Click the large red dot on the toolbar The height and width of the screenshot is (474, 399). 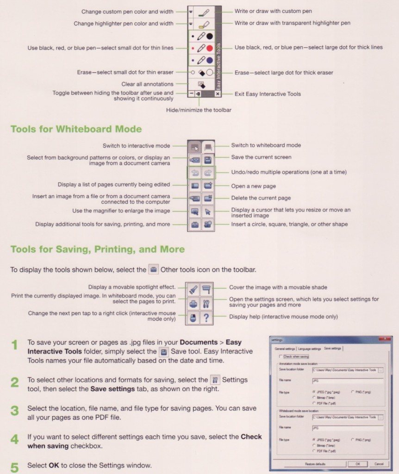[x=210, y=48]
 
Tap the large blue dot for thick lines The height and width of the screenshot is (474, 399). [x=210, y=60]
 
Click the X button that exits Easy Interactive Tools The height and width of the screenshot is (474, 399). [x=218, y=94]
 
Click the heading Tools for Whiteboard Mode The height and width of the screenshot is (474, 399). [x=76, y=129]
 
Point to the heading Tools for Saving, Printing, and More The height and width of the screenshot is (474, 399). [x=97, y=249]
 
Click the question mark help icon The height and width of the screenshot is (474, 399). [x=206, y=317]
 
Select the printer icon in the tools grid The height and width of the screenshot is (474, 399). [x=194, y=304]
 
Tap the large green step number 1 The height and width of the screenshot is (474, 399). [x=15, y=345]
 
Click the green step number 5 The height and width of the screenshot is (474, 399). [x=15, y=468]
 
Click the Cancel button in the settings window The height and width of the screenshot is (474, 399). [x=379, y=463]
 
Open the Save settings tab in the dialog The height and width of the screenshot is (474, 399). [x=333, y=348]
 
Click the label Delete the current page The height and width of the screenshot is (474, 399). [x=261, y=198]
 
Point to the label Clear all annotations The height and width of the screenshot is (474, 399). [x=147, y=84]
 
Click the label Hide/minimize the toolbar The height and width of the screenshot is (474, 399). [x=199, y=110]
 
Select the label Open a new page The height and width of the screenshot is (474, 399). [x=253, y=186]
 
